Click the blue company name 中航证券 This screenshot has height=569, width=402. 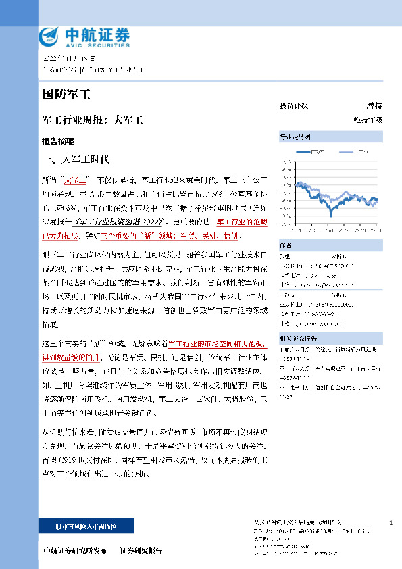[x=97, y=33]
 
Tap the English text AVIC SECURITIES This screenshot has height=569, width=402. [x=97, y=44]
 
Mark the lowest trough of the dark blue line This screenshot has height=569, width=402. [x=331, y=215]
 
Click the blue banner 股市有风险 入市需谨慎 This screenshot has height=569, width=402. [x=86, y=525]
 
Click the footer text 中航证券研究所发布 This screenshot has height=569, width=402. [x=74, y=551]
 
